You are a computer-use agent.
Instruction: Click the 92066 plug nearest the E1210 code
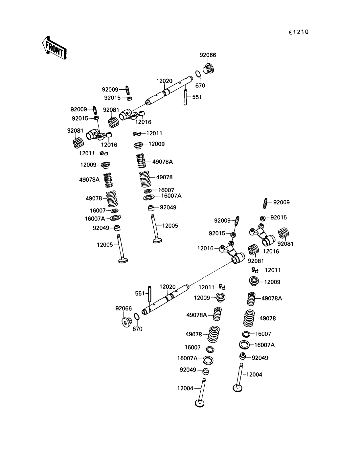[208, 69]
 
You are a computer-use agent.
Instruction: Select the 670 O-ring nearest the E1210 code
[198, 75]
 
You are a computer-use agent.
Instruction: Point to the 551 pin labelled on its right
[186, 97]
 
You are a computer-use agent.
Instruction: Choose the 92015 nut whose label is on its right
[263, 218]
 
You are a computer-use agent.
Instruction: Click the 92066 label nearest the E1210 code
[208, 55]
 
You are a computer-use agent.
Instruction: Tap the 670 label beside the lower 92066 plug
[137, 329]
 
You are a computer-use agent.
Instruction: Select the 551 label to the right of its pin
[197, 97]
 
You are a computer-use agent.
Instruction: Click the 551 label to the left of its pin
[140, 293]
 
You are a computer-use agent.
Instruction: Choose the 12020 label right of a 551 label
[168, 287]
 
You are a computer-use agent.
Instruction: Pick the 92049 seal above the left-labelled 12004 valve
[206, 371]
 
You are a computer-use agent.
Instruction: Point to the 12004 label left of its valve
[185, 388]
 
